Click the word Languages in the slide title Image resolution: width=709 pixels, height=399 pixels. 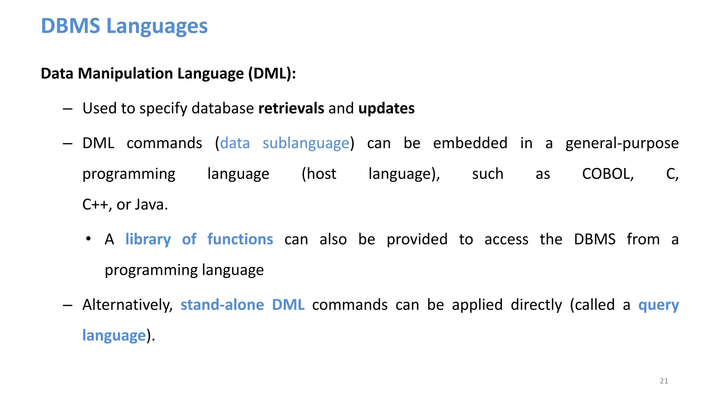tap(157, 26)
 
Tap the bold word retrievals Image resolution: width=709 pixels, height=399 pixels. tap(291, 108)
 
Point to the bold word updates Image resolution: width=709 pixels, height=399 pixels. tap(386, 108)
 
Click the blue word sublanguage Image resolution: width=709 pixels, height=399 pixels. tap(306, 143)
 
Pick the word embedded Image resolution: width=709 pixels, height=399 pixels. tap(470, 143)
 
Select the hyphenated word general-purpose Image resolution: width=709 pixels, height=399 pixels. tap(622, 143)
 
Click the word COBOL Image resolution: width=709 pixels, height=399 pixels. tap(608, 174)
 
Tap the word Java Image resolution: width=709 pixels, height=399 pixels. tap(151, 205)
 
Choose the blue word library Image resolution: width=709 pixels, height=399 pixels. tap(148, 239)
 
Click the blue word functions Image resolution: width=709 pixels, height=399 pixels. tap(240, 239)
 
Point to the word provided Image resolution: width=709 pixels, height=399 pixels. tap(417, 239)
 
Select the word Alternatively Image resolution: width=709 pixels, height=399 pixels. tap(127, 305)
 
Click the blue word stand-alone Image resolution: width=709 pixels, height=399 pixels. tap(222, 305)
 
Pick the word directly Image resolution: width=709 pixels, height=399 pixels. tap(536, 305)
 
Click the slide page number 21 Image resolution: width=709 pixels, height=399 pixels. tap(664, 381)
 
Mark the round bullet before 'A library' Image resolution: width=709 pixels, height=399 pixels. tap(89, 239)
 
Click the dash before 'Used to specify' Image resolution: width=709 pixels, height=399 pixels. tap(68, 109)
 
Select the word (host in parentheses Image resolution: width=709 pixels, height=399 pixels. tap(319, 174)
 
